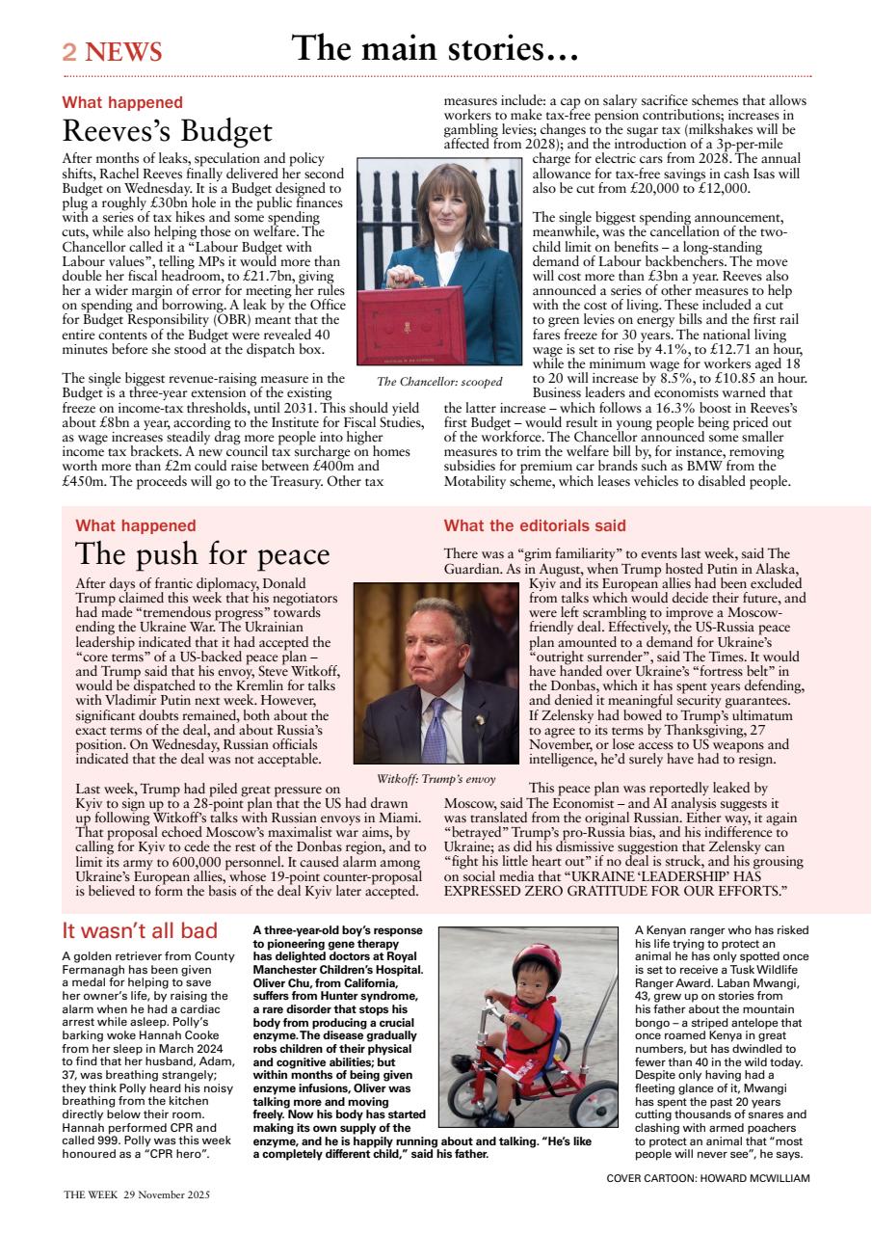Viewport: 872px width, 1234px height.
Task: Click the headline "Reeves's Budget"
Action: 167,130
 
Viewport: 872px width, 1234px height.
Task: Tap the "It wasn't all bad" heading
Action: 140,930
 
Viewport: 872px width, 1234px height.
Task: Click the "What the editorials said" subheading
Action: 535,525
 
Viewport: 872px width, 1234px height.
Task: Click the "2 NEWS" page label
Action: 112,52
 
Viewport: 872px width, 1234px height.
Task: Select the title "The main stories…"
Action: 435,47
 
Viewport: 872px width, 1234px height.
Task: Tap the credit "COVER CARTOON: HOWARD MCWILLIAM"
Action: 708,1177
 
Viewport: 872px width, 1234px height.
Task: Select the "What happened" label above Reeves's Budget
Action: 122,102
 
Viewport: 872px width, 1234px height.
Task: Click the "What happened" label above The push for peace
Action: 136,525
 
